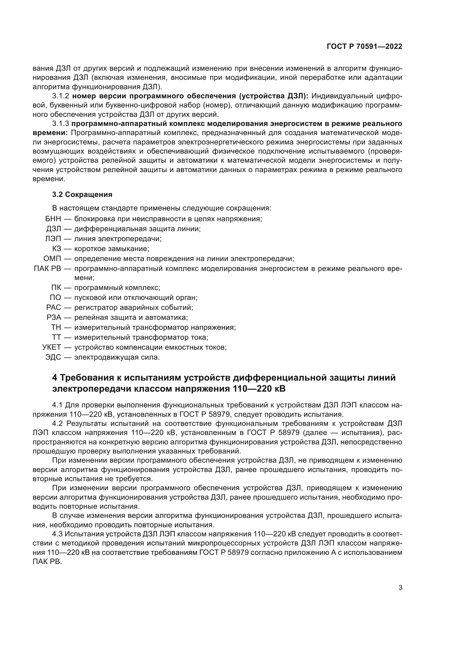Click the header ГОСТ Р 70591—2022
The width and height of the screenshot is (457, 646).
pos(364,47)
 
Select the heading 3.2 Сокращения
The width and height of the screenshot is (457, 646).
pos(82,194)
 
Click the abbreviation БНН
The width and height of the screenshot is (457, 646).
pos(53,219)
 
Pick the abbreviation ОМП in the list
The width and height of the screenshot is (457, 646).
pos(52,259)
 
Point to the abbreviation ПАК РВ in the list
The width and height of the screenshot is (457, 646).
pos(47,268)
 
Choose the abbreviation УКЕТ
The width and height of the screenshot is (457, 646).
pos(51,347)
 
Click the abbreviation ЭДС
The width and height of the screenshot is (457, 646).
pos(53,357)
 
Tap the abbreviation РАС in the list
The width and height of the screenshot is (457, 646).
pos(54,307)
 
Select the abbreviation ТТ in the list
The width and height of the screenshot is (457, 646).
pos(56,337)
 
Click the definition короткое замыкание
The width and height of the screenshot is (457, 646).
pos(111,249)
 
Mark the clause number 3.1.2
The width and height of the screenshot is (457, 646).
pos(61,96)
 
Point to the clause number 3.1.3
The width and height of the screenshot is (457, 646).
pos(61,124)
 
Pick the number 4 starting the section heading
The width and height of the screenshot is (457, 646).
pos(55,378)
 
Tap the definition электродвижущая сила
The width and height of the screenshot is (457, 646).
pos(117,357)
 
